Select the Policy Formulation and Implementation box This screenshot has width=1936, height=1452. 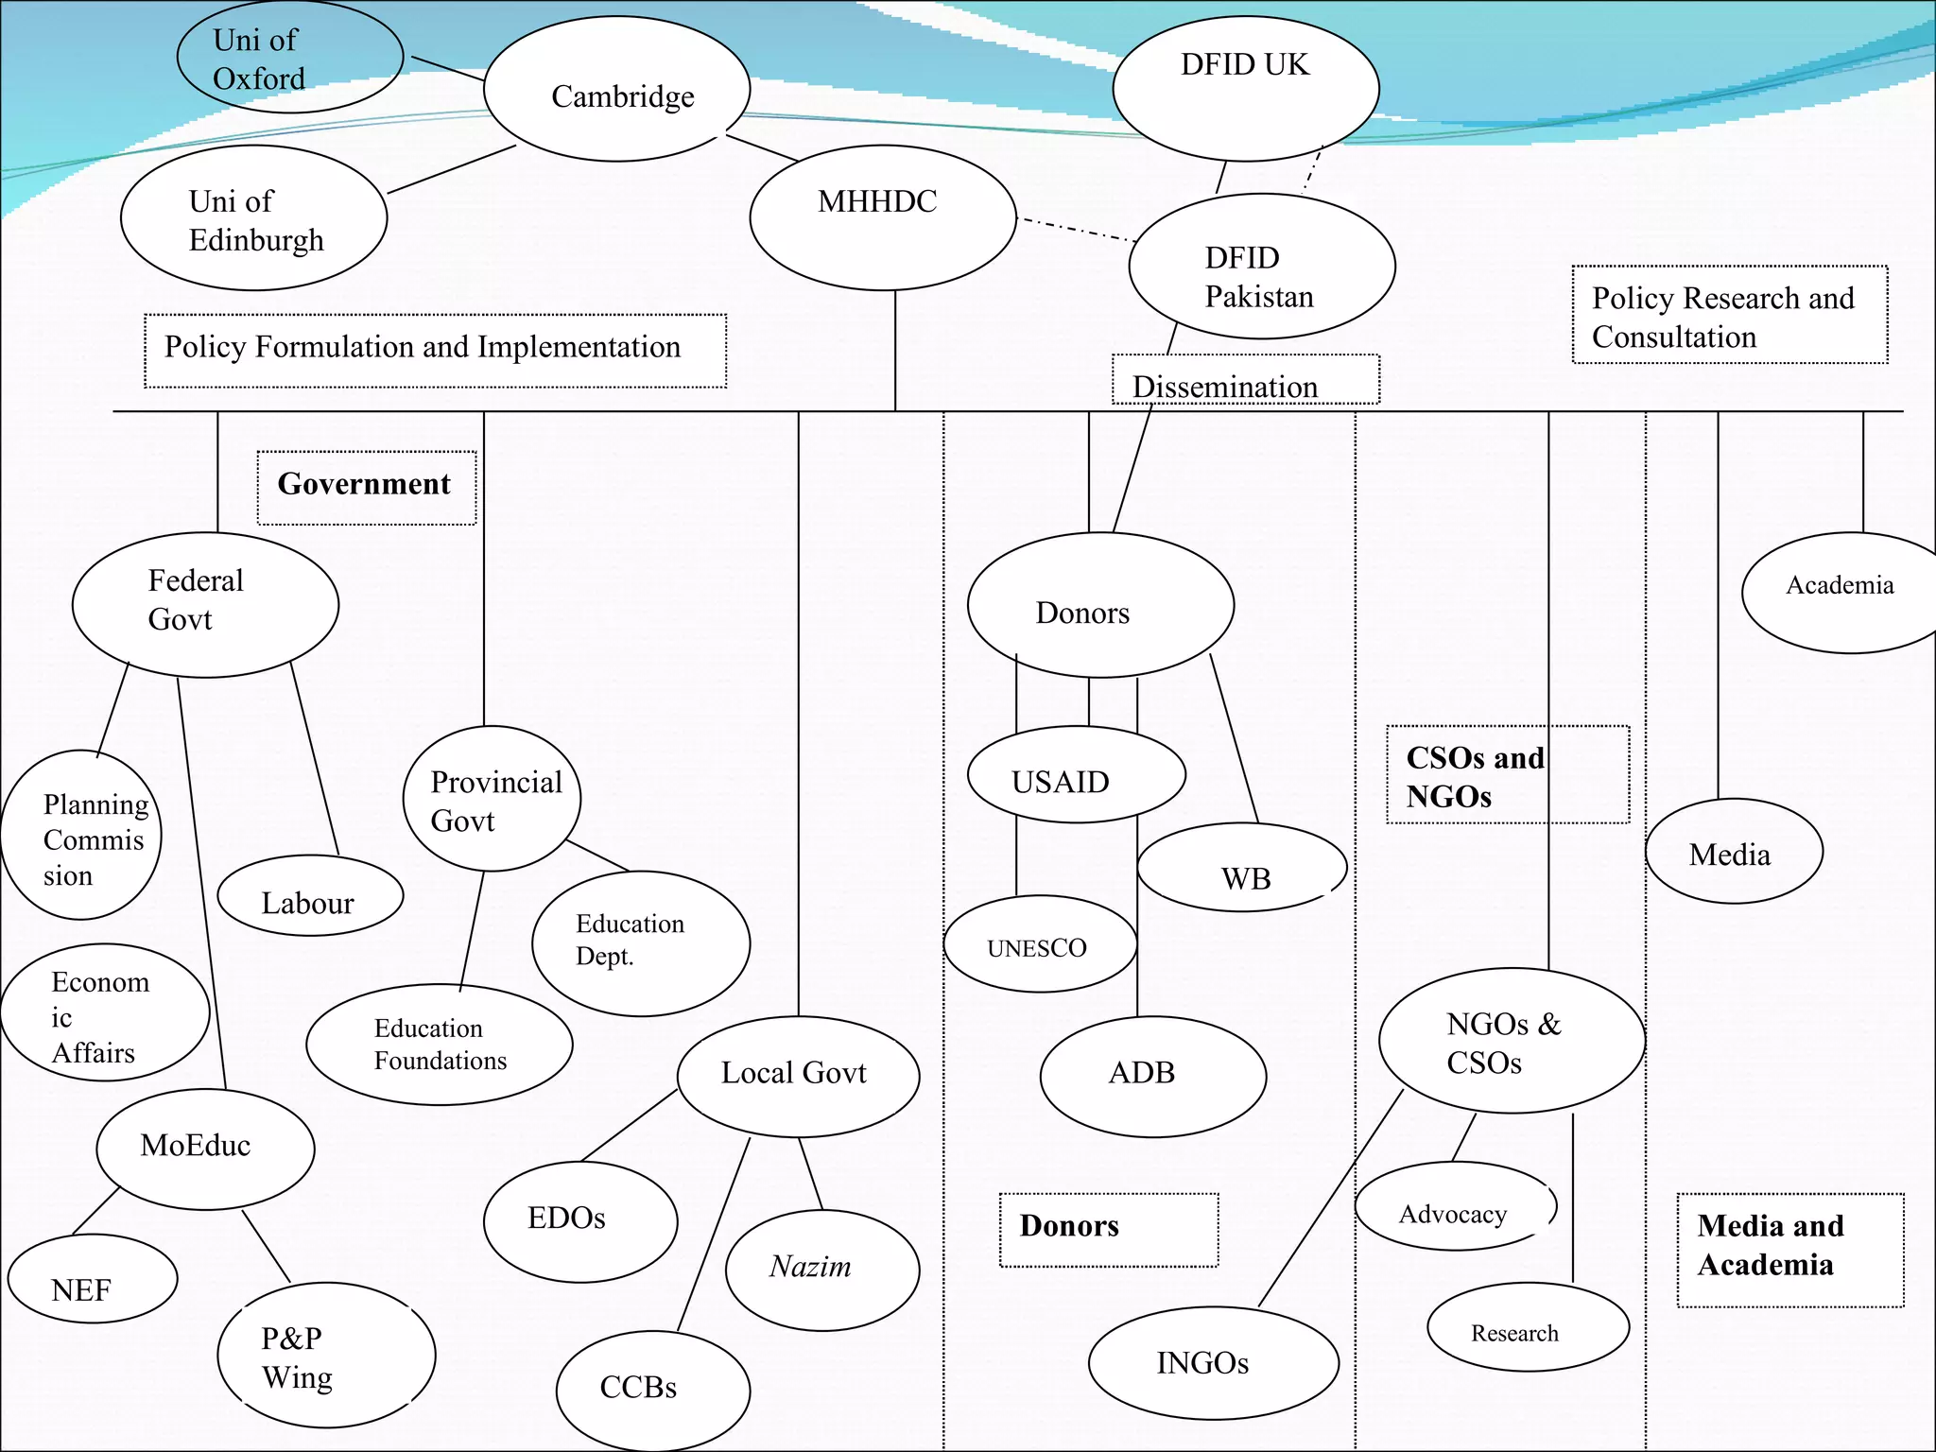[x=435, y=351]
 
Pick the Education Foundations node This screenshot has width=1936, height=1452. [x=439, y=1045]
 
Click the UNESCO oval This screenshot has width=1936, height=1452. [x=1040, y=944]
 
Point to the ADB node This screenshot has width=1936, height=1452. [x=1152, y=1076]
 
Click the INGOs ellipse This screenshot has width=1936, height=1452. [x=1213, y=1362]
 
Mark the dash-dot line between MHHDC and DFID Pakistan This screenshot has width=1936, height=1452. [x=1074, y=230]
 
